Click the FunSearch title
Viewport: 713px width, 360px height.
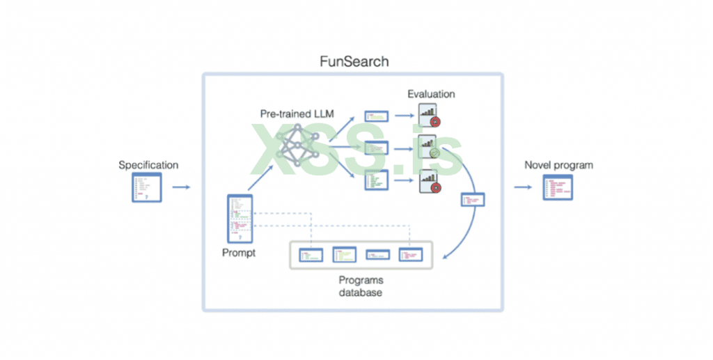click(x=354, y=61)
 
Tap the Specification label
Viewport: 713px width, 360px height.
click(x=148, y=165)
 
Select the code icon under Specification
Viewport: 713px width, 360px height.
click(x=147, y=188)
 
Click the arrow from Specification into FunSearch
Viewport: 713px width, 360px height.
click(x=181, y=187)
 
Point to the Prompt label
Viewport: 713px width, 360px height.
click(x=239, y=253)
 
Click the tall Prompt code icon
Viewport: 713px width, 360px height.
click(x=239, y=218)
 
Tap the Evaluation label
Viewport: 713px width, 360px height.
click(x=431, y=94)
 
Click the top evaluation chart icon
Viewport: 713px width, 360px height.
click(x=429, y=116)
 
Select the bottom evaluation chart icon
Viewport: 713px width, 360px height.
click(x=429, y=182)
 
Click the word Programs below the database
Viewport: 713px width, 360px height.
click(x=361, y=280)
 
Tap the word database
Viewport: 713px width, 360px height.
click(x=361, y=292)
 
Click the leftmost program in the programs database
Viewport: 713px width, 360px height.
click(x=311, y=255)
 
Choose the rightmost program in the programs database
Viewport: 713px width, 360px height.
click(x=411, y=255)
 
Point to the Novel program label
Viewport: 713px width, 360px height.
click(x=558, y=165)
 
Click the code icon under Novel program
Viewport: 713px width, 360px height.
click(x=558, y=188)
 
